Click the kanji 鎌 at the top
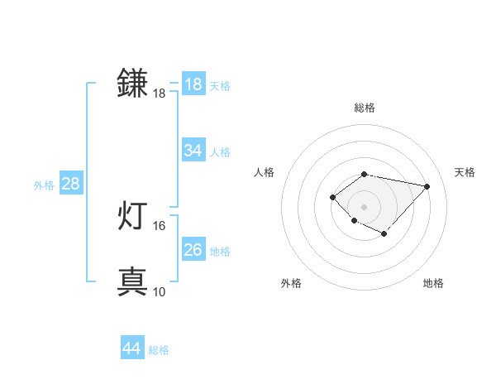[133, 84]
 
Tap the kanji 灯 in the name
[133, 217]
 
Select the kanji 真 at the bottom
[133, 281]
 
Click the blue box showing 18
[193, 84]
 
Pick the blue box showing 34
[193, 151]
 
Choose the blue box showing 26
[193, 250]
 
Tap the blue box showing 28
[70, 184]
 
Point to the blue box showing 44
[131, 348]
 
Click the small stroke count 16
[160, 225]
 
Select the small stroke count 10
[160, 291]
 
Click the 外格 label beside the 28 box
[44, 185]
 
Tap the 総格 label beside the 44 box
[159, 350]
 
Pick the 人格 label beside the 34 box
[220, 152]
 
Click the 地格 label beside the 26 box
[220, 252]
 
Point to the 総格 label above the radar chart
[364, 108]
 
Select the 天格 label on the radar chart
[465, 172]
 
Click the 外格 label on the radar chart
[291, 283]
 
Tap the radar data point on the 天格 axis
[427, 186]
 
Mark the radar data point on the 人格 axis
[332, 196]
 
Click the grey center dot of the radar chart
[364, 206]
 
